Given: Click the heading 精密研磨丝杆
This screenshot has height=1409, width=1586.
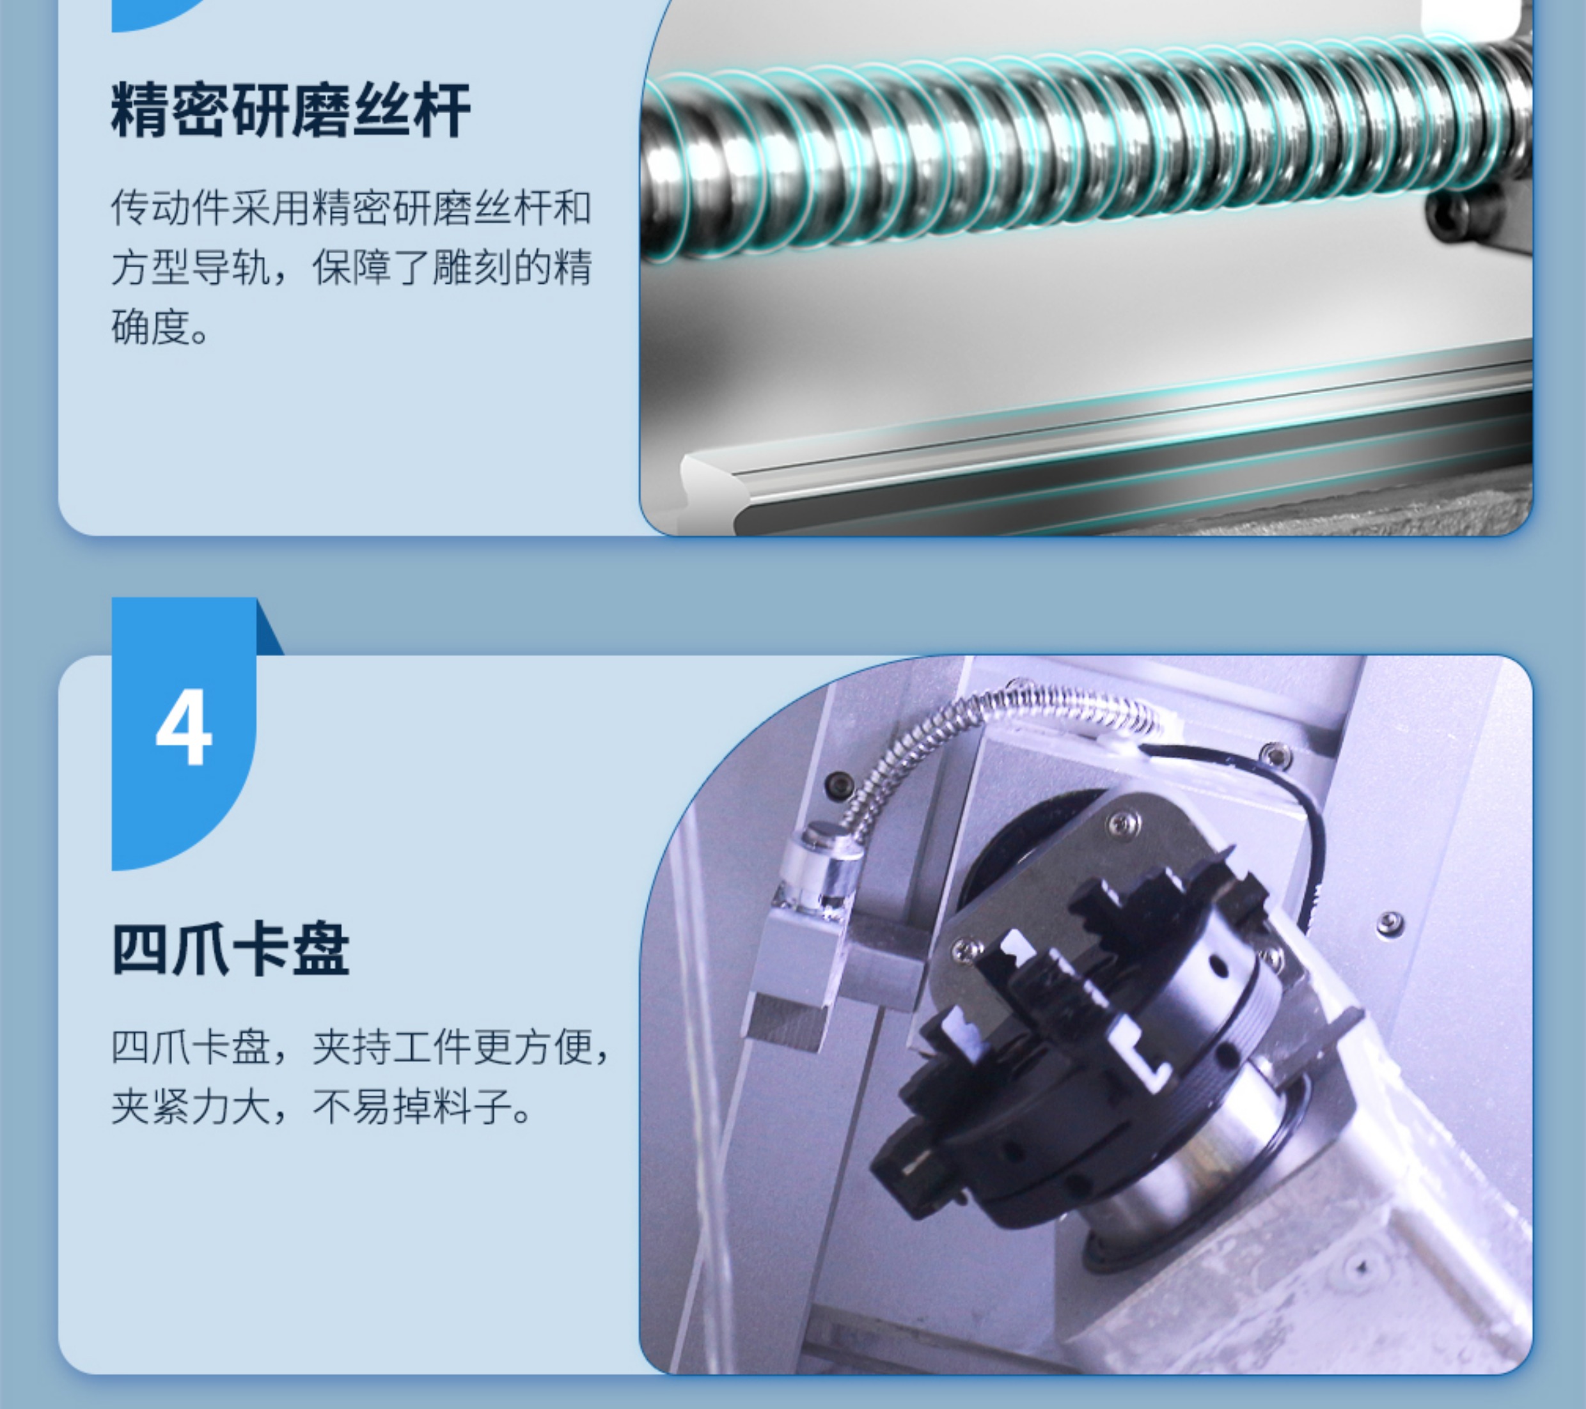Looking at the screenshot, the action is [x=291, y=110].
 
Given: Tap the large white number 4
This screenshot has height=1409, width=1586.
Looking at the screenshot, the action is [x=184, y=728].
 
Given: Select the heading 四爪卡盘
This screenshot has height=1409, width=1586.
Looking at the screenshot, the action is [x=230, y=949].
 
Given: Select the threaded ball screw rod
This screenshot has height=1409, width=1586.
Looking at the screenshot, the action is [x=1087, y=147].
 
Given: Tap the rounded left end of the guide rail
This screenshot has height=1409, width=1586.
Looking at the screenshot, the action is [x=710, y=485].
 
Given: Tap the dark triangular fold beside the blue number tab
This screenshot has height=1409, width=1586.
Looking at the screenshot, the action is [x=270, y=627].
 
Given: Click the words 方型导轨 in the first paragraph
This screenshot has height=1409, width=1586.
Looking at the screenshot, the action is [x=190, y=267].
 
